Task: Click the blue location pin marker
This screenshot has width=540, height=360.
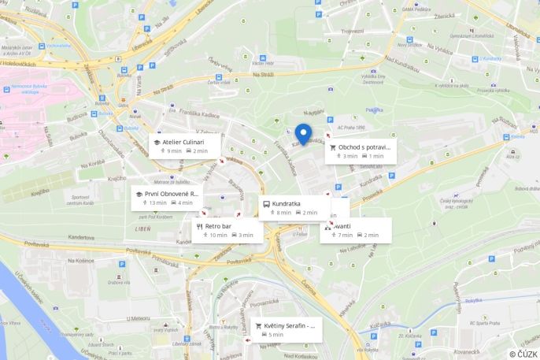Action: pos(304,134)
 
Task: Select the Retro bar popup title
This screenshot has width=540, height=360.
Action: pos(218,226)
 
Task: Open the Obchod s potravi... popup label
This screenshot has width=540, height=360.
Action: pos(364,147)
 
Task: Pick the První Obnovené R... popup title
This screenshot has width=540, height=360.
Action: pos(172,193)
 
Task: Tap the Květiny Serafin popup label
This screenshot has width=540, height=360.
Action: pos(289,325)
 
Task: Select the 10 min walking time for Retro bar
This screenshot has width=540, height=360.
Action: pos(218,235)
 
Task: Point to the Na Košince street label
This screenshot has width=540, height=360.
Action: pos(80,261)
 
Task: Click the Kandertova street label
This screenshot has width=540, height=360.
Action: pos(81,237)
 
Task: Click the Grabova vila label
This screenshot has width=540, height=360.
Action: pos(119,282)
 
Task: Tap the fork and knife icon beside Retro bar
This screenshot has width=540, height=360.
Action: pos(199,226)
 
